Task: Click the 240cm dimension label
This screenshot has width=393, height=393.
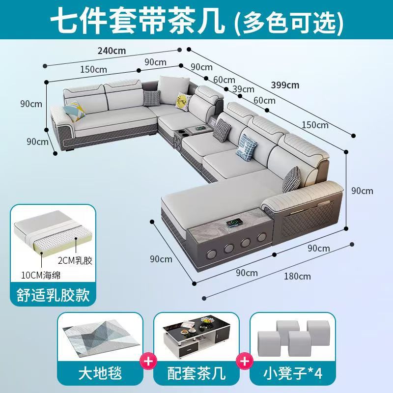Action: point(112,51)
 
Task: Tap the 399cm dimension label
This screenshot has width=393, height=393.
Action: point(285,85)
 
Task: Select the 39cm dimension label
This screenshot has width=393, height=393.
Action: point(243,89)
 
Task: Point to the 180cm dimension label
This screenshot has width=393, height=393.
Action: point(297,276)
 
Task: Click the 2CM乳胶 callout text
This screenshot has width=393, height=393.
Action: point(75,261)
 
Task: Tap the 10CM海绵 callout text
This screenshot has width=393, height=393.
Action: point(41,275)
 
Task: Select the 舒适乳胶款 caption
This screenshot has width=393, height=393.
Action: point(53,295)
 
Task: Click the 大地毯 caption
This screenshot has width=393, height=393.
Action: point(100,373)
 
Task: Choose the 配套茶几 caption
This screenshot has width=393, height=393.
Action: point(196,373)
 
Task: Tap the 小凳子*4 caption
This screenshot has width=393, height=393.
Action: point(293,373)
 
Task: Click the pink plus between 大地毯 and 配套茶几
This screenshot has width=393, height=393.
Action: point(148,361)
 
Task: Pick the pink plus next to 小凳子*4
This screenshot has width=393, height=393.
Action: point(244,361)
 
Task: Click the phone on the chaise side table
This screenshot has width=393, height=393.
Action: point(234,223)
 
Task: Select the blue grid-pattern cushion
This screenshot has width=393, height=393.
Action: point(246,148)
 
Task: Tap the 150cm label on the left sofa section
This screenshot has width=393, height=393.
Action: point(93,69)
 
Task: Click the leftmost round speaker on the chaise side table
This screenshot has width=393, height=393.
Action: point(210,254)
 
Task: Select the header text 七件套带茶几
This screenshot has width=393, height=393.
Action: point(138,20)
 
